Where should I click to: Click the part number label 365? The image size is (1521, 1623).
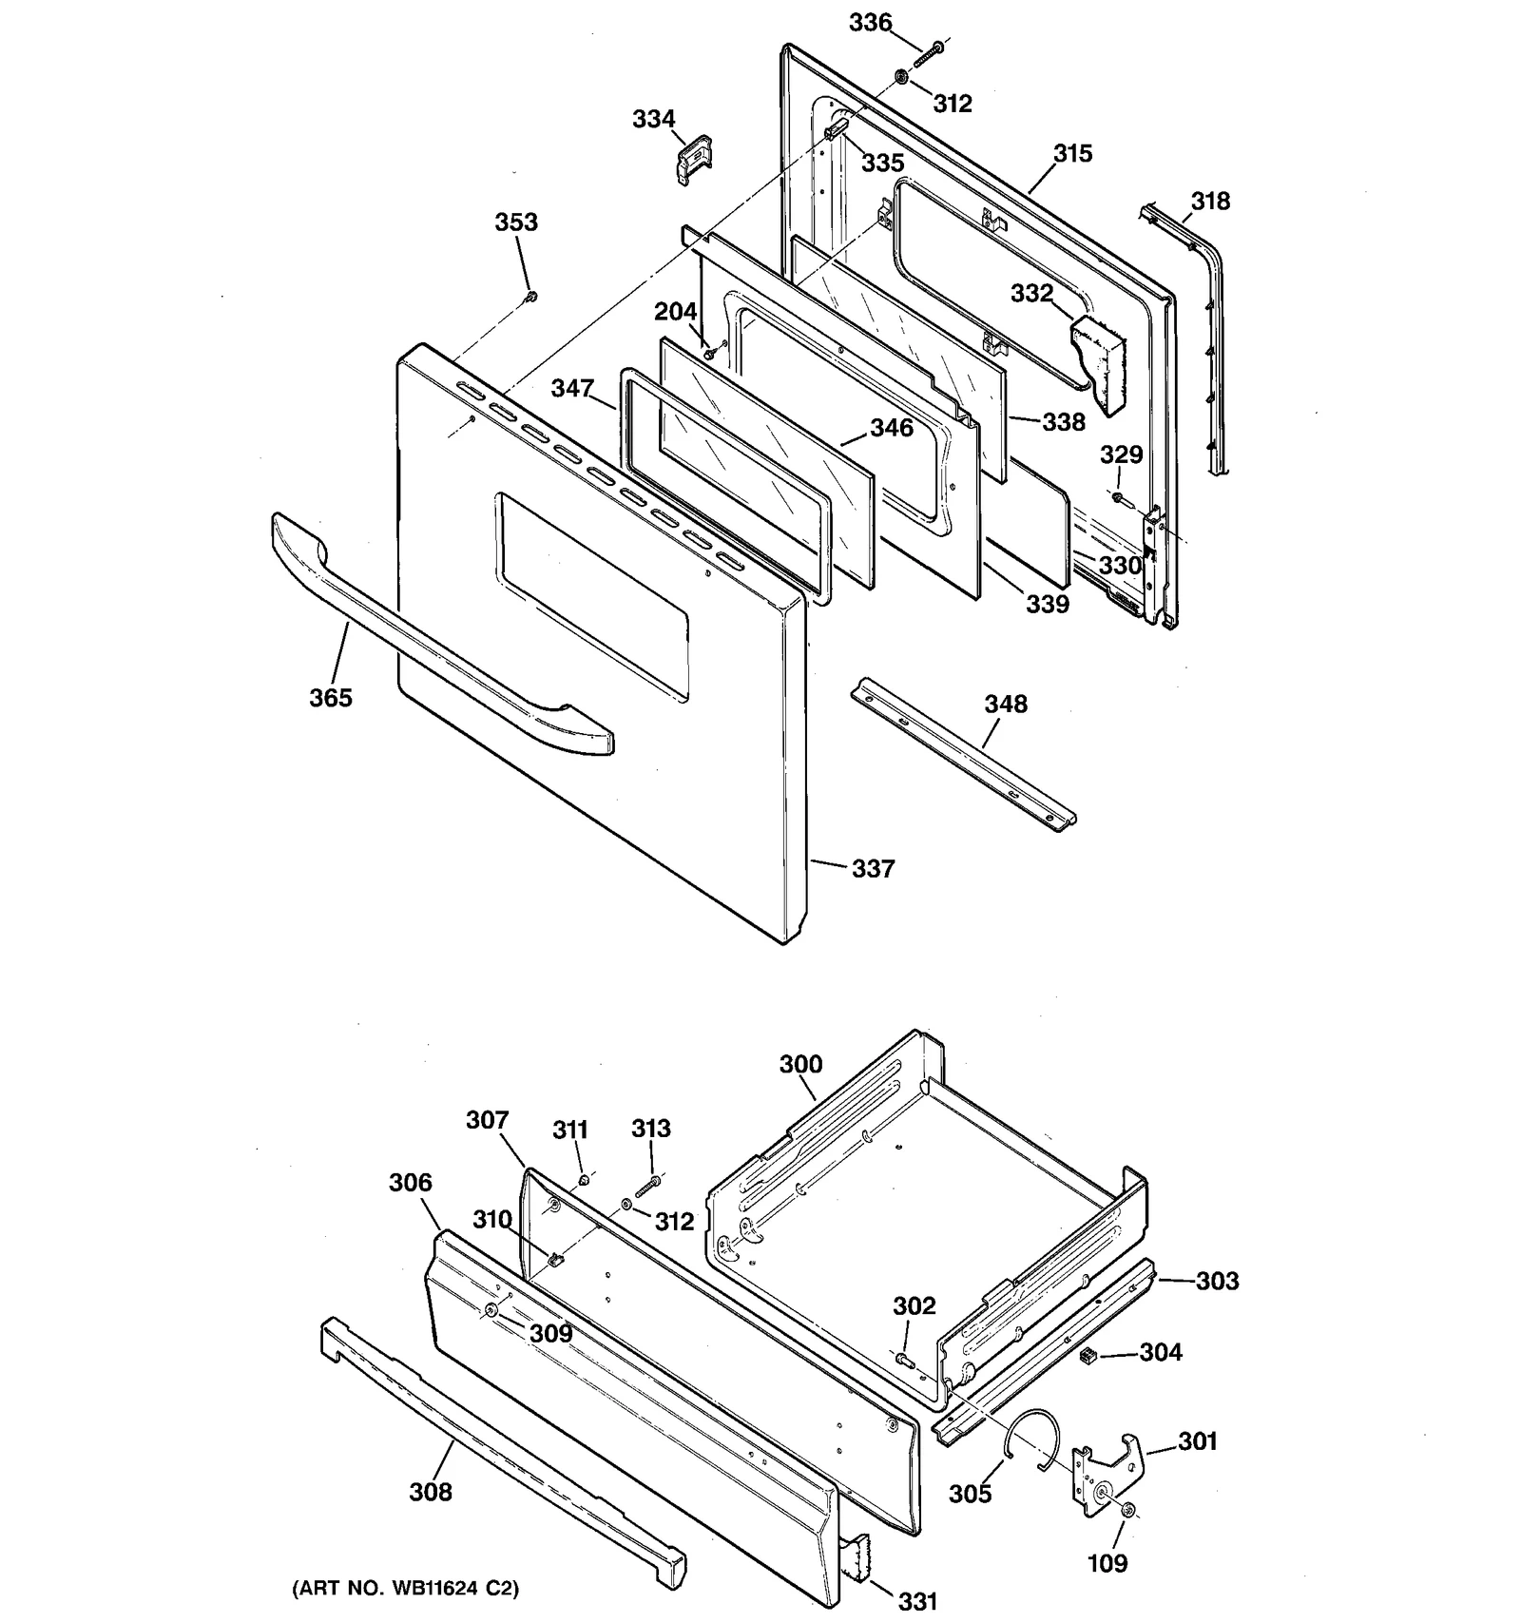pos(330,698)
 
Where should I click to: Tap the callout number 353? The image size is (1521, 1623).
pos(516,222)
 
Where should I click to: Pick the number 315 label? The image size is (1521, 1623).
pos(1072,154)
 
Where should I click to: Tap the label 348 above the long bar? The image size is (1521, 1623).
pos(1005,705)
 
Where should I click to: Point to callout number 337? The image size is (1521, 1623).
pos(873,869)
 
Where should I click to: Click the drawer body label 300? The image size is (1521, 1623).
pos(800,1065)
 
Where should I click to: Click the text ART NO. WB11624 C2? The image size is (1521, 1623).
pos(405,1588)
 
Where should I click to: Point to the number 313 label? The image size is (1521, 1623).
pos(650,1129)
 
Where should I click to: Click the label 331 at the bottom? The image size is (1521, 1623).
pos(917,1601)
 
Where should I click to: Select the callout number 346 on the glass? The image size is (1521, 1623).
pos(891,429)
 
